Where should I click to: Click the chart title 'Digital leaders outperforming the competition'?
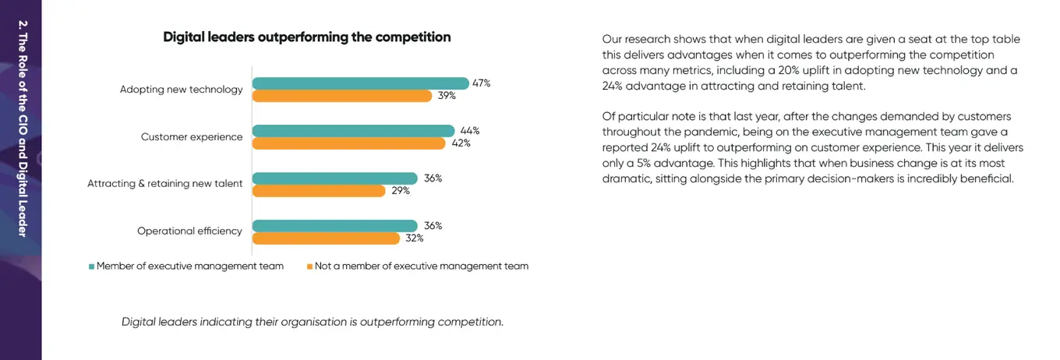click(306, 37)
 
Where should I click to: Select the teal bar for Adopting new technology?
click(360, 83)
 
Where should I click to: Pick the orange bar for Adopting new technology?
click(341, 96)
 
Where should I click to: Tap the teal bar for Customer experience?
click(353, 131)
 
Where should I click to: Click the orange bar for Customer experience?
click(348, 143)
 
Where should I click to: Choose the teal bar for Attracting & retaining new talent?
click(334, 178)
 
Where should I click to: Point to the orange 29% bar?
click(319, 191)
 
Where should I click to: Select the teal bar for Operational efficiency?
click(334, 226)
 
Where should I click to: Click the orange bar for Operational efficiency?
click(327, 238)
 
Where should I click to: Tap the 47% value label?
click(481, 83)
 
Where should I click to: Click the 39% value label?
click(447, 96)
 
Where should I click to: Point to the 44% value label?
click(470, 131)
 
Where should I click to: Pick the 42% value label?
click(461, 143)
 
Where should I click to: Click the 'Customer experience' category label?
click(192, 137)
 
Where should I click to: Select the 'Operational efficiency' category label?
click(189, 231)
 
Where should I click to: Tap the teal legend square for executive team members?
click(91, 266)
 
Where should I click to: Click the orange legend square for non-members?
click(309, 266)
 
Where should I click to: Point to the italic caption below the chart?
click(313, 322)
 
